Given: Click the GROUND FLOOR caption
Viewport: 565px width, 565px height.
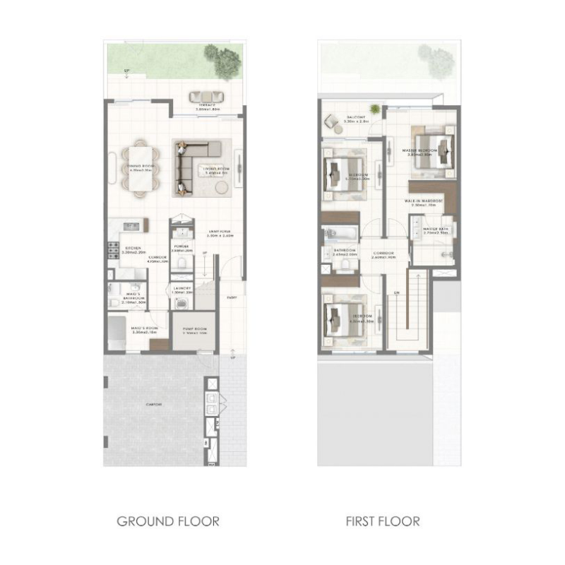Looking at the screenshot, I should (x=167, y=522).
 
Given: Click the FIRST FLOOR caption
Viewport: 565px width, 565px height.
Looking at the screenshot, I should (x=383, y=522).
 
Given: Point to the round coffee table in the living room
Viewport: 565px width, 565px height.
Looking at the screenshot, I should (x=220, y=187).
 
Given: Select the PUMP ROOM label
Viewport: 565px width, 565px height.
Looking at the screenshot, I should (x=194, y=329).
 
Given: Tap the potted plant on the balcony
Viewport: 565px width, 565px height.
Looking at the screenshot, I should (x=375, y=109).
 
